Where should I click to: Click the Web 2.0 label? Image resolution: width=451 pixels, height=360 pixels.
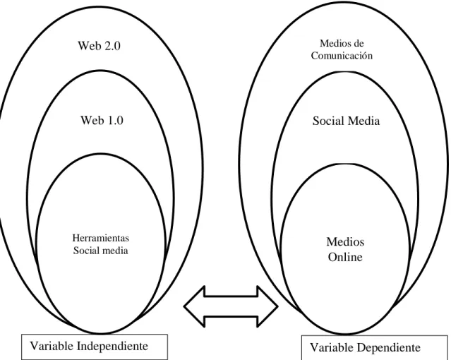pos(99,46)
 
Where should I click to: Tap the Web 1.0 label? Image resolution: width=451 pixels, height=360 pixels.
pos(102,120)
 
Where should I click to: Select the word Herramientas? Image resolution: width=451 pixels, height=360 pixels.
pos(101,238)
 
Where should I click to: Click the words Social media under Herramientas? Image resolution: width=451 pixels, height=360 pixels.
pos(100,251)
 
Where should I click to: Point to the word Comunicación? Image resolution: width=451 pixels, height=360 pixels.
pos(342,56)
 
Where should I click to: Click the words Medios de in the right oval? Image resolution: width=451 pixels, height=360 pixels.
pos(342,44)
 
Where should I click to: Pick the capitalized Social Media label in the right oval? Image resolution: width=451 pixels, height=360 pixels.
pos(346,121)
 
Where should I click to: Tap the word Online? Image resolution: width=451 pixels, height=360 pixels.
pos(345,257)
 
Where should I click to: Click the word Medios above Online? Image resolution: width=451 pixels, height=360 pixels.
pos(345,241)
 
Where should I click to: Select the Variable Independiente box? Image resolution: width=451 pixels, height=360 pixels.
pos(95,347)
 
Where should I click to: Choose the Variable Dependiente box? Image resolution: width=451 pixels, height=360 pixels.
pos(375,347)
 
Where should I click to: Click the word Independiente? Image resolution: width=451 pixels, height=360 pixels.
pos(112,346)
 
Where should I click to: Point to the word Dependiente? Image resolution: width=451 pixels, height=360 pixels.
pos(389,347)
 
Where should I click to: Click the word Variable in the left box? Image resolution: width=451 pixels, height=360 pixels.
pos(52,346)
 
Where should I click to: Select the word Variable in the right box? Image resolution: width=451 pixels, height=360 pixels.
pos(332,347)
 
